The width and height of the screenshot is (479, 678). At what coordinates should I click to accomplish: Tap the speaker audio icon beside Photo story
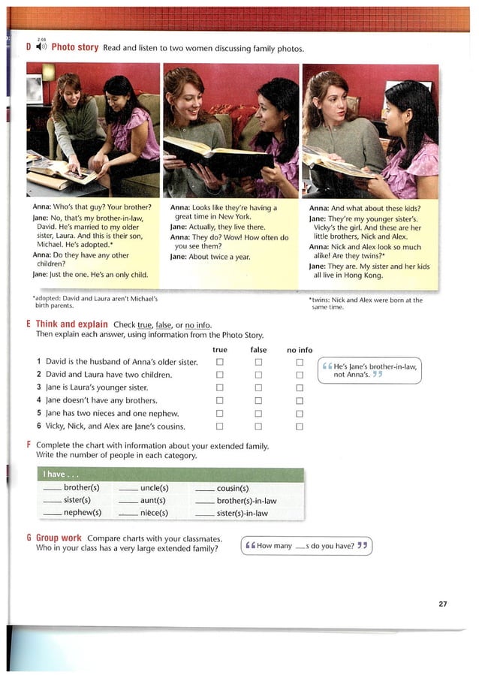42,47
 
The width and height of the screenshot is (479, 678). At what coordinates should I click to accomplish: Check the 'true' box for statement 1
220,362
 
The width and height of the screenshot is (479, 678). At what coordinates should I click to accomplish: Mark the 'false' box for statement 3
258,388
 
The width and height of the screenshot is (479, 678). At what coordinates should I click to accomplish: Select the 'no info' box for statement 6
299,426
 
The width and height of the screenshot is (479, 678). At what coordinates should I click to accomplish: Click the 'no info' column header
300,350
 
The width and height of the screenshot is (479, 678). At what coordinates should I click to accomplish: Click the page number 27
442,603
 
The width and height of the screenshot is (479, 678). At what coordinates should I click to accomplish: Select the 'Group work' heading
59,538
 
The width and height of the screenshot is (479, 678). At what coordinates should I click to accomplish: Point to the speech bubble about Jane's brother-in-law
369,370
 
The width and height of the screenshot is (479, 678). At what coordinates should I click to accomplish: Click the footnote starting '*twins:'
366,303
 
